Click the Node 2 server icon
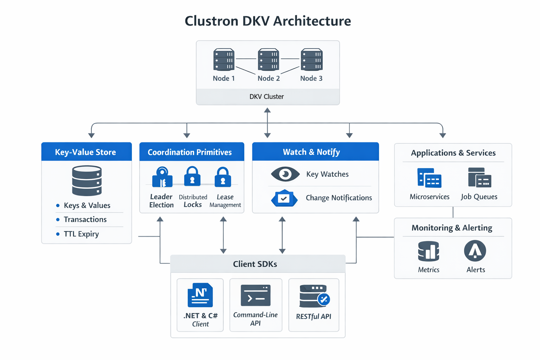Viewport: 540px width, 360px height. [268, 60]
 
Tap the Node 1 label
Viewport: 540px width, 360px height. [224, 78]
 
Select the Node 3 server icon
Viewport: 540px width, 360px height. [311, 60]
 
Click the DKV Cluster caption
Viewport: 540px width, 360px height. [266, 97]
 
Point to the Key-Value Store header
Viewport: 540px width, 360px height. [85, 152]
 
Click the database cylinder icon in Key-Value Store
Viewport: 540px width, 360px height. [87, 181]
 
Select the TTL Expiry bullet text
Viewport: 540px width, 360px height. [81, 234]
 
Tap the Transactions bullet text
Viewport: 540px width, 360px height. [85, 219]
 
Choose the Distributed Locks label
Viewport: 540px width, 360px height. [193, 201]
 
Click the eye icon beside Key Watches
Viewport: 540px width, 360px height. [285, 174]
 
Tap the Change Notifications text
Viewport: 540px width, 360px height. [339, 198]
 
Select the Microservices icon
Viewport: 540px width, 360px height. [429, 178]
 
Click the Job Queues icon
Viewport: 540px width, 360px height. [480, 178]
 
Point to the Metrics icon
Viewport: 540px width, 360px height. [429, 251]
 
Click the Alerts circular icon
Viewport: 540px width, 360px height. [475, 251]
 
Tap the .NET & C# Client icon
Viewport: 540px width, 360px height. [200, 295]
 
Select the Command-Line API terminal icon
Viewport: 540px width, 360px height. [256, 295]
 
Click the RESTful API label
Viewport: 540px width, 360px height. [314, 316]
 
